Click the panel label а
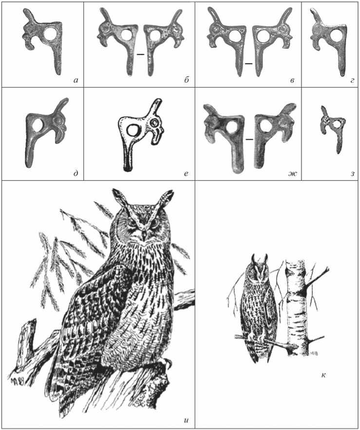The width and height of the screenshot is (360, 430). click(76, 80)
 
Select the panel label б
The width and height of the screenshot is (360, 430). click(186, 80)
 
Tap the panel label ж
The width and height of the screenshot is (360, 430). click(292, 173)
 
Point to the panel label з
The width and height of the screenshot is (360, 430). click(353, 173)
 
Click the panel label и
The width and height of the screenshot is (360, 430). click(186, 420)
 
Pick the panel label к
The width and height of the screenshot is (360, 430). click(323, 375)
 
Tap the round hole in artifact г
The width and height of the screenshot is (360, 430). click(337, 36)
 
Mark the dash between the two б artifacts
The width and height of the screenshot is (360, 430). click(140, 55)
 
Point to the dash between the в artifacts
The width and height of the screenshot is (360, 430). click(249, 64)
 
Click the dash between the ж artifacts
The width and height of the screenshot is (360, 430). click(249, 139)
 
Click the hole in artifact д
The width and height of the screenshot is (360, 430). click(38, 125)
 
